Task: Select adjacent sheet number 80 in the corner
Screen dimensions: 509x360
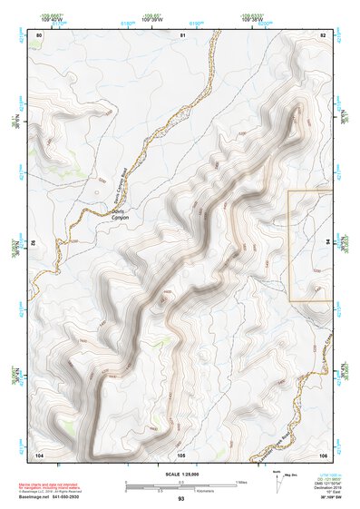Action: pyautogui.click(x=38, y=34)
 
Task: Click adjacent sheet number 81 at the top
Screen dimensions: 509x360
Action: pyautogui.click(x=182, y=34)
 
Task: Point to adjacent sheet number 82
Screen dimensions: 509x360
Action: pyautogui.click(x=323, y=34)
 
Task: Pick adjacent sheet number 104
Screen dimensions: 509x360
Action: pyautogui.click(x=38, y=453)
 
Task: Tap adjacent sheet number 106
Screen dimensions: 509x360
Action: pyautogui.click(x=323, y=453)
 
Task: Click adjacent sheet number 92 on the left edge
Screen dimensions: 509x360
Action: pyautogui.click(x=36, y=243)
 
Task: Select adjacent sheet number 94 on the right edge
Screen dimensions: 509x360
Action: pyautogui.click(x=326, y=243)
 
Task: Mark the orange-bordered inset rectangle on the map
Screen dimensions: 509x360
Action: pyautogui.click(x=310, y=245)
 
